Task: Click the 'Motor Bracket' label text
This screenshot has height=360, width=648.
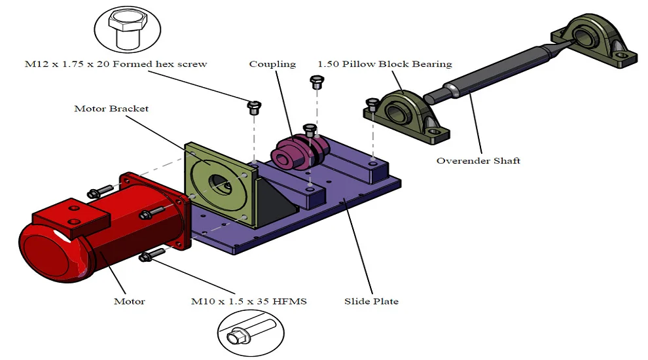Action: (111, 108)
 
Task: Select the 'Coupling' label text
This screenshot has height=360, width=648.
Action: (272, 64)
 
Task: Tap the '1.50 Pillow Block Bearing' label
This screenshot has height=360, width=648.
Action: (384, 64)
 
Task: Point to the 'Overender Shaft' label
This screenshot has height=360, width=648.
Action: (478, 160)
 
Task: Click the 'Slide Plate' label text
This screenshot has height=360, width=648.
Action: (371, 302)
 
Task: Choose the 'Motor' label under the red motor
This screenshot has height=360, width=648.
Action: (129, 302)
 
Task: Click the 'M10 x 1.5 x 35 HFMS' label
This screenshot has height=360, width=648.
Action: (249, 302)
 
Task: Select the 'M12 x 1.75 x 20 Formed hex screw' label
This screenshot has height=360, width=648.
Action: (116, 64)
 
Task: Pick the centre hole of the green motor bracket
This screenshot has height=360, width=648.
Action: (217, 185)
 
